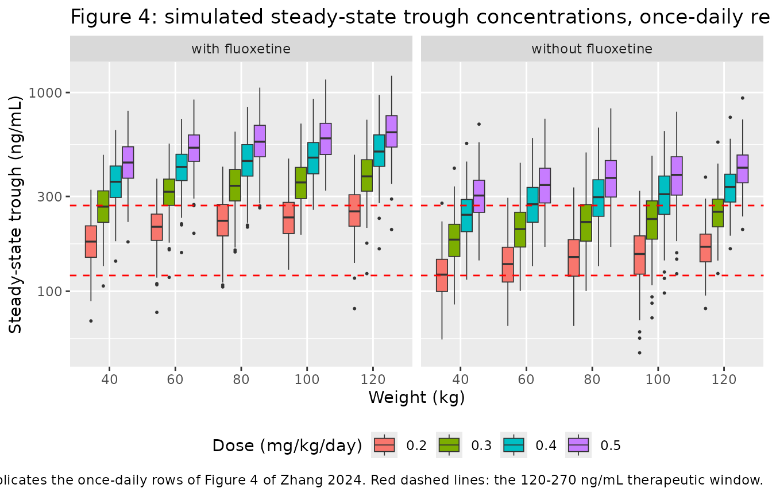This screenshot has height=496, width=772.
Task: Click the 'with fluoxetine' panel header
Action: [241, 49]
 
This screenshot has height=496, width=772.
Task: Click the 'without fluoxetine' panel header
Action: [592, 49]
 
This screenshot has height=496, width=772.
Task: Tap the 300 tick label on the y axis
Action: [49, 197]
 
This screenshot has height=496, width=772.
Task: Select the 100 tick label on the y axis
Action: [49, 292]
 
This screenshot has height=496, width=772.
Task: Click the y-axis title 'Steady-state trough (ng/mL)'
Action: [15, 214]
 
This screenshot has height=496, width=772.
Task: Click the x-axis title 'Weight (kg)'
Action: [416, 397]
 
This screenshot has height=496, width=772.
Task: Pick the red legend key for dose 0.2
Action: [384, 445]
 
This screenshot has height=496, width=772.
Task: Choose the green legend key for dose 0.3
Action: [449, 445]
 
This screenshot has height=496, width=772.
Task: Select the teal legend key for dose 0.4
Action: [514, 445]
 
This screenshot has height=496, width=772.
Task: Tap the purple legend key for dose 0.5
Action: [578, 445]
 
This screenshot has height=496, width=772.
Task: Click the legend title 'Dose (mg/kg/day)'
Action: [287, 445]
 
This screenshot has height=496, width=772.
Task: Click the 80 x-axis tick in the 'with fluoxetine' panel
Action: [241, 379]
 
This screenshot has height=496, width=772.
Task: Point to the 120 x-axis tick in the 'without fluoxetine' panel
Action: [724, 379]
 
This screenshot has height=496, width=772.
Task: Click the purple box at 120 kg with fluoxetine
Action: [392, 131]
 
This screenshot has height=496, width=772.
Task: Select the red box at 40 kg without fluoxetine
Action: [442, 275]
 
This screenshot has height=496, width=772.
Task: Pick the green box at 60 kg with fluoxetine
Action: [169, 192]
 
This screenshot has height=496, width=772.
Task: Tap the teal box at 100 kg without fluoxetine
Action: [664, 195]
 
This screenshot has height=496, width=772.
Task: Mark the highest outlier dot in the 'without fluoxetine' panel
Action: [743, 98]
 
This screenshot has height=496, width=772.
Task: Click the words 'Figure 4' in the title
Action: [110, 17]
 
